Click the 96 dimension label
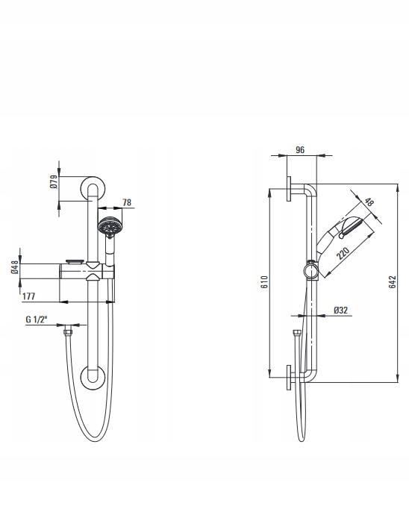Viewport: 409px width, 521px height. tap(300, 149)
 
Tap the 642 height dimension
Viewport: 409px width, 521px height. tap(393, 281)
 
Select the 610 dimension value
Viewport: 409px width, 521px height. tap(264, 281)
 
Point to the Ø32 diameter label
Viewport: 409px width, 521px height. tap(340, 310)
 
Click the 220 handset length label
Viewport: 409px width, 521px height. tap(343, 253)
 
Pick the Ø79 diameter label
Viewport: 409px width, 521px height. tap(54, 181)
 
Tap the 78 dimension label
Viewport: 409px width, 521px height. tap(127, 202)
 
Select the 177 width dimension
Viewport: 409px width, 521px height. tap(28, 296)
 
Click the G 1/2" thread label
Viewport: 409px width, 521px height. tap(37, 319)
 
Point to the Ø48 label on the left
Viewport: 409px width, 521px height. tap(15, 267)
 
